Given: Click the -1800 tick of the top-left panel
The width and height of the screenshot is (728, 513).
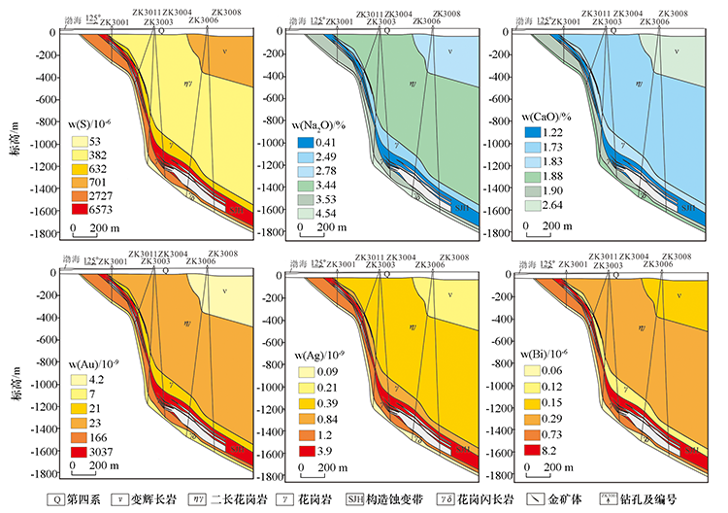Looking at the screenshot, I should click(x=42, y=233).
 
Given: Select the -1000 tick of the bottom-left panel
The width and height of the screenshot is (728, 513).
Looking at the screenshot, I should click(x=42, y=385).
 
